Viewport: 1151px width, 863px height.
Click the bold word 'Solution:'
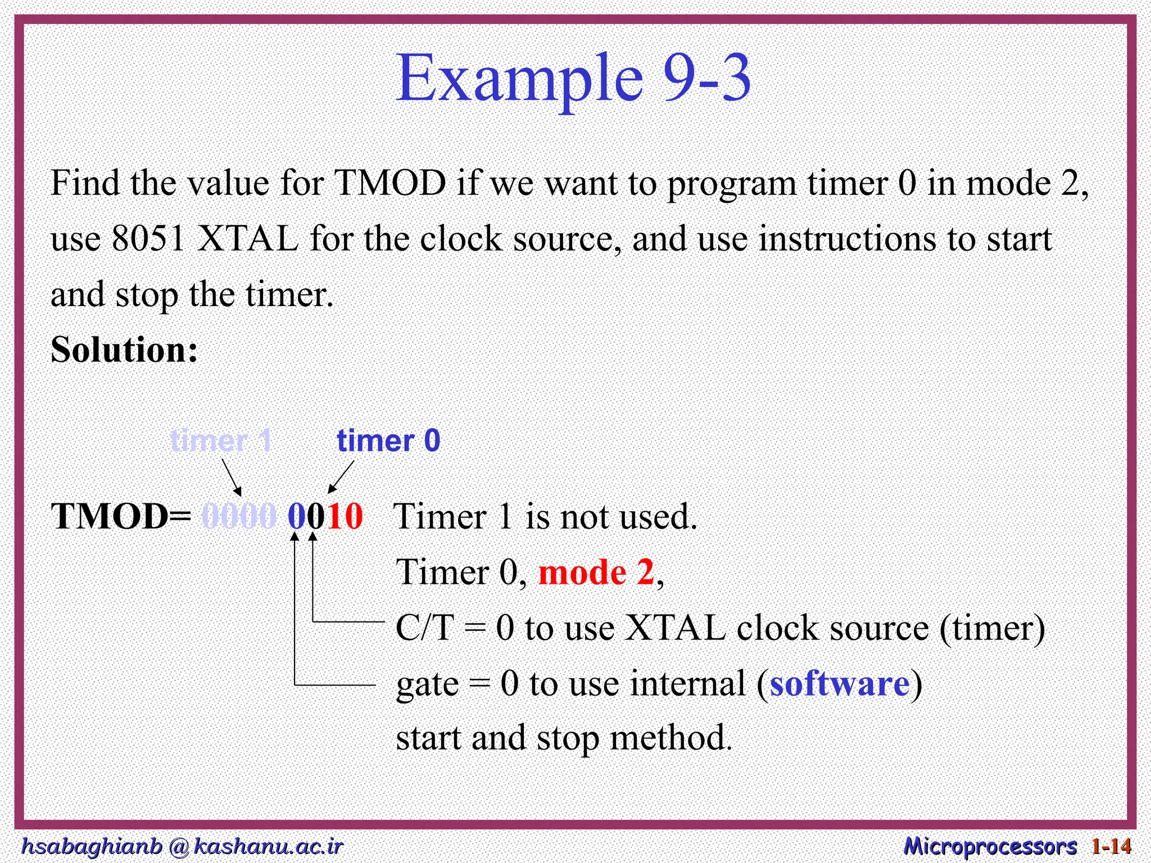coord(124,349)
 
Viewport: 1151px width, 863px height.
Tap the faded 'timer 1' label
coord(221,440)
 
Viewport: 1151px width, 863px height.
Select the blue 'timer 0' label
coord(388,440)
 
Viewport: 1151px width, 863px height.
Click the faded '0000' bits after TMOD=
coord(239,516)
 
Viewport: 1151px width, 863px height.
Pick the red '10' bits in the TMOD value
coord(345,516)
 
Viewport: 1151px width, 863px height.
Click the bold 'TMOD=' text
coord(121,516)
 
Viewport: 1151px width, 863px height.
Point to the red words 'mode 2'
coord(596,573)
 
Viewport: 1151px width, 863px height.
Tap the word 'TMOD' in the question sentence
coord(390,183)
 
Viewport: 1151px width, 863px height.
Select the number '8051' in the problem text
coord(148,239)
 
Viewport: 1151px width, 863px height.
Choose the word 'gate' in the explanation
coord(427,684)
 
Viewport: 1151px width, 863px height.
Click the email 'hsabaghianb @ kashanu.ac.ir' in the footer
coord(181,846)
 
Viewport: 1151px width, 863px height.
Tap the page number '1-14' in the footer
coord(1111,846)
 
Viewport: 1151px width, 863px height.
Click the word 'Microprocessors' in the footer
coord(990,846)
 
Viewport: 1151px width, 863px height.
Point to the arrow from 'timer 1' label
coord(232,477)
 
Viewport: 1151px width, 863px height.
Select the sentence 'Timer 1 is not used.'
coord(545,516)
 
